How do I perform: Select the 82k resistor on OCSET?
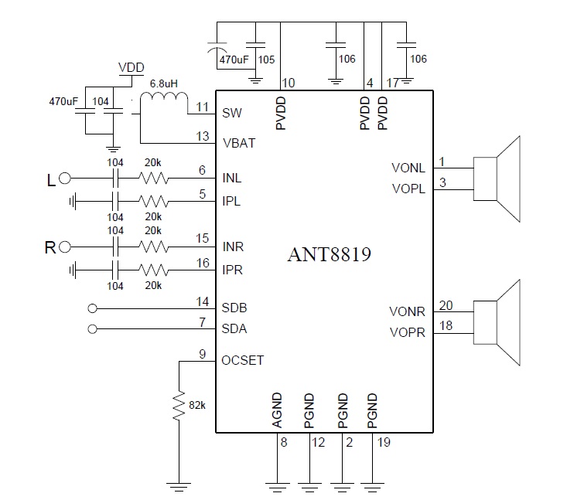click(179, 406)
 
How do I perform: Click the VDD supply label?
click(131, 67)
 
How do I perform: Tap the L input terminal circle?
click(65, 179)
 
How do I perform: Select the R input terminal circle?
click(65, 247)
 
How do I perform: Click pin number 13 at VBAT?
click(203, 136)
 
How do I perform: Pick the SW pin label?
click(232, 113)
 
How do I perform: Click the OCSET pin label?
click(243, 361)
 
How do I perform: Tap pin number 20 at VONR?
click(445, 304)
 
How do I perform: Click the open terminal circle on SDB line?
click(94, 307)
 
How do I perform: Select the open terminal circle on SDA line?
click(94, 328)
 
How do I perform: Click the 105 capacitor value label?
click(267, 59)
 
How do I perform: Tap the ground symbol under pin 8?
click(277, 487)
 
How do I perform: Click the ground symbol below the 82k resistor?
click(179, 488)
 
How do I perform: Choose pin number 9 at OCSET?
click(203, 355)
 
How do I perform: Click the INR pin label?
click(233, 247)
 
